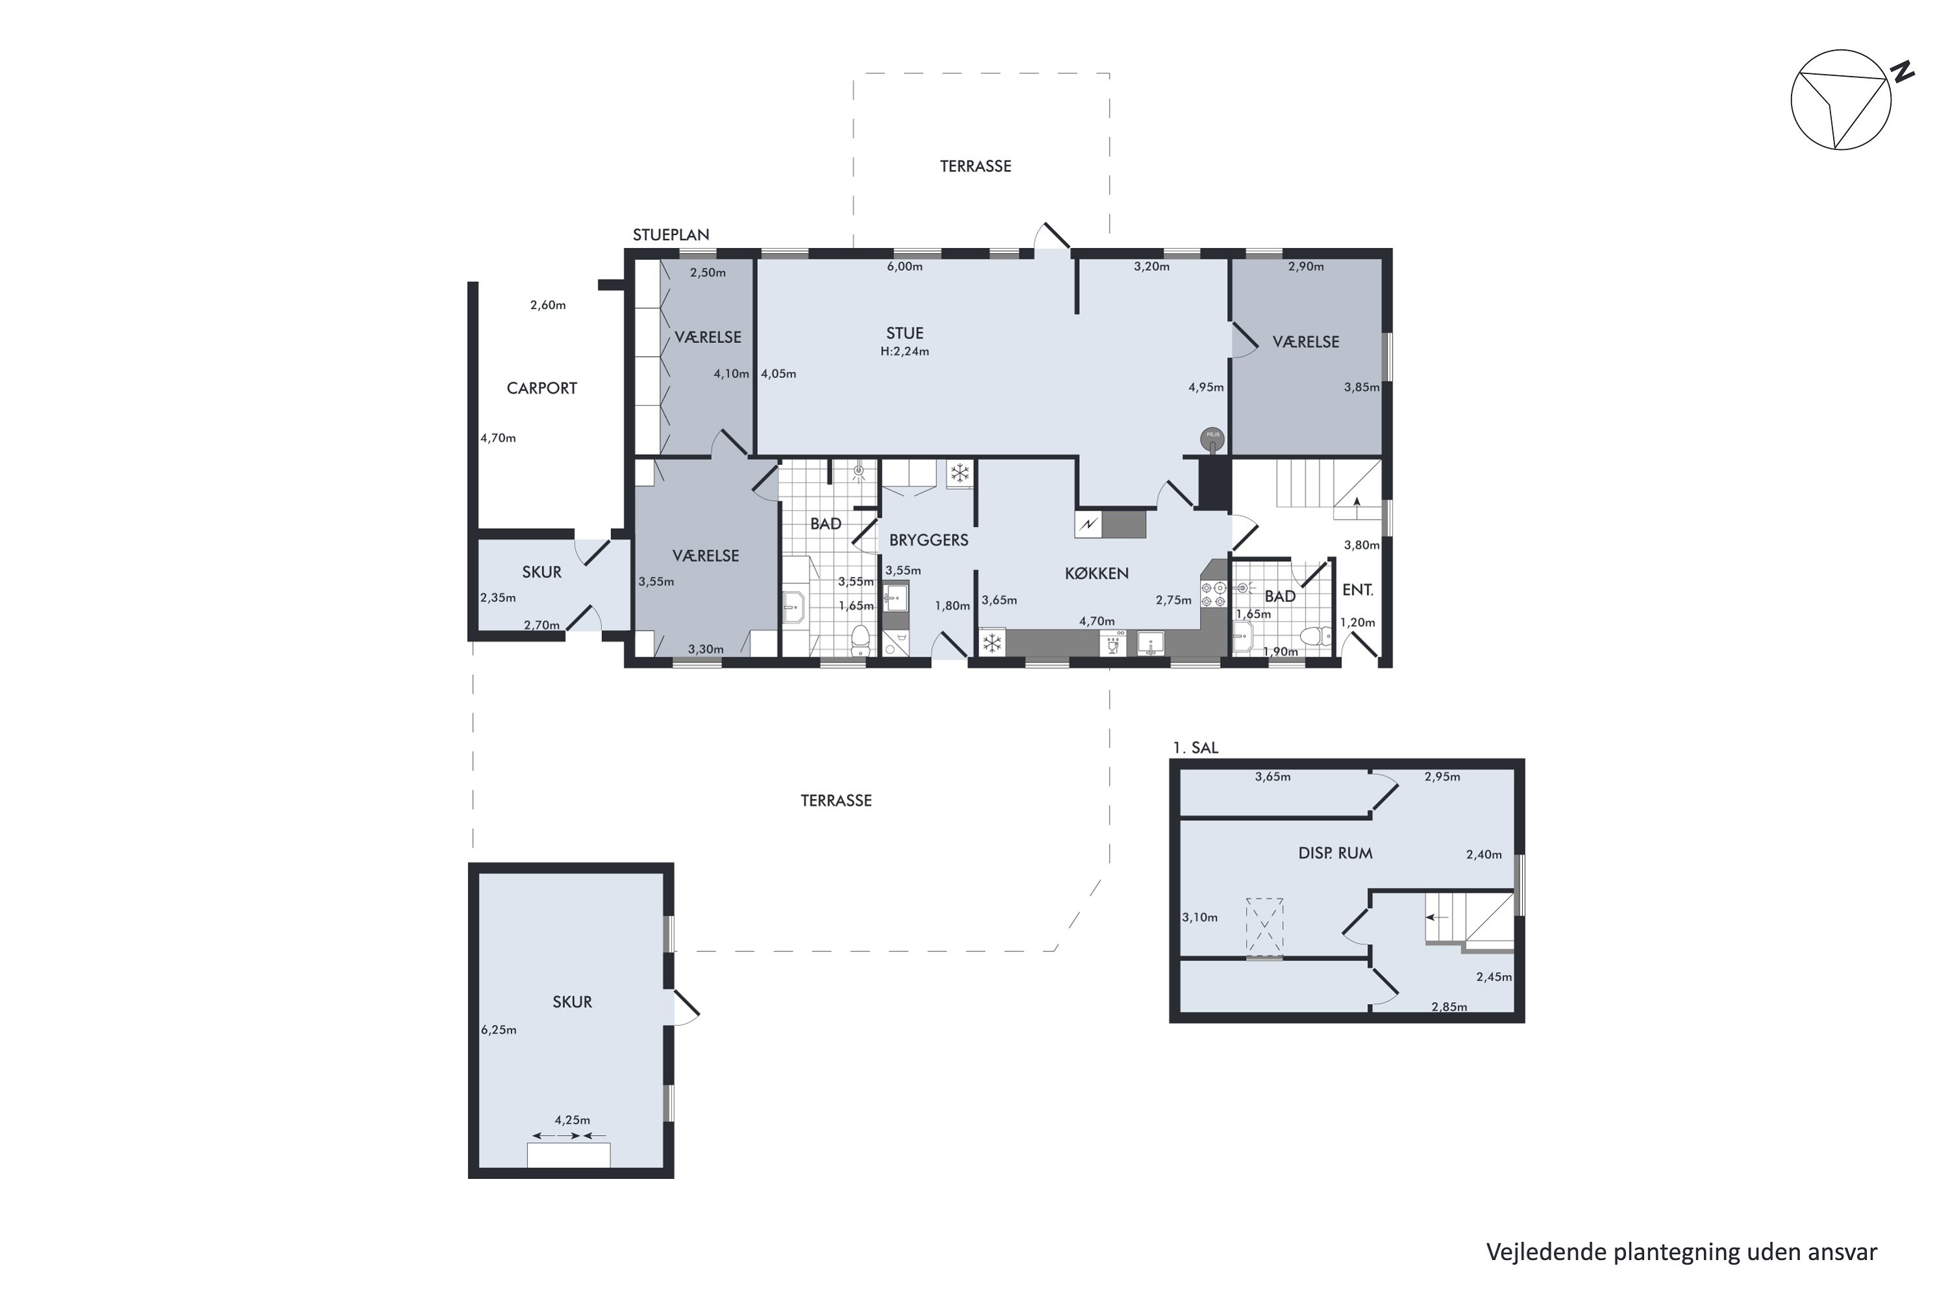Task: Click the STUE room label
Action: pyautogui.click(x=905, y=333)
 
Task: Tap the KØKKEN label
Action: pyautogui.click(x=1097, y=574)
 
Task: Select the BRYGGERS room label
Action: pyautogui.click(x=929, y=540)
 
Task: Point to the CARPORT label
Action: pyautogui.click(x=542, y=388)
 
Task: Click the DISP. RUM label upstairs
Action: pyautogui.click(x=1335, y=853)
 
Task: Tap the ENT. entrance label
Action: pyautogui.click(x=1358, y=590)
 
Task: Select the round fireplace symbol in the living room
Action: pyautogui.click(x=1212, y=440)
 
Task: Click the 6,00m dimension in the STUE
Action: pyautogui.click(x=905, y=267)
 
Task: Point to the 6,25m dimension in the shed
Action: pyautogui.click(x=499, y=1029)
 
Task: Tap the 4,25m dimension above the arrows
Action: pyautogui.click(x=572, y=1120)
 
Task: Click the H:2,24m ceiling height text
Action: pyautogui.click(x=905, y=351)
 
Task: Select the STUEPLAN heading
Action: pyautogui.click(x=671, y=235)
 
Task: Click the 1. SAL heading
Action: pyautogui.click(x=1195, y=748)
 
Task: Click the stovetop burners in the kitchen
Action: pyautogui.click(x=1214, y=594)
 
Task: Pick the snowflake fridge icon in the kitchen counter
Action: pyautogui.click(x=992, y=643)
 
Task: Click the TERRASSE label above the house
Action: pyautogui.click(x=976, y=166)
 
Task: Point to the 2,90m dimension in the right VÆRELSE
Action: pyautogui.click(x=1306, y=267)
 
